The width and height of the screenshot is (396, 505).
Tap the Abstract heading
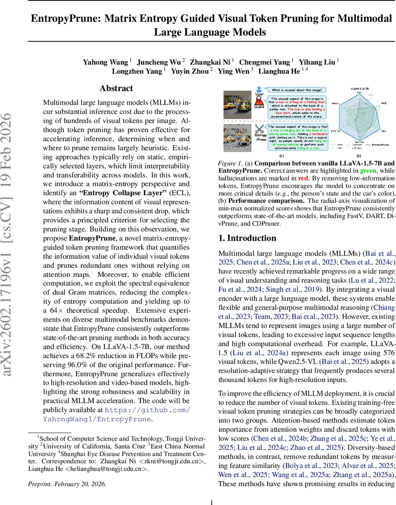tap(116, 88)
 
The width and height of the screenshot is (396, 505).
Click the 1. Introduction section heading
tap(247, 238)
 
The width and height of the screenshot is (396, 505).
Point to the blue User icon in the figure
tap(259, 90)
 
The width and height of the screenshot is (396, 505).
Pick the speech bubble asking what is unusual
tap(297, 90)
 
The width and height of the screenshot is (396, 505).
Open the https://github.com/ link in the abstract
tap(147, 409)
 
